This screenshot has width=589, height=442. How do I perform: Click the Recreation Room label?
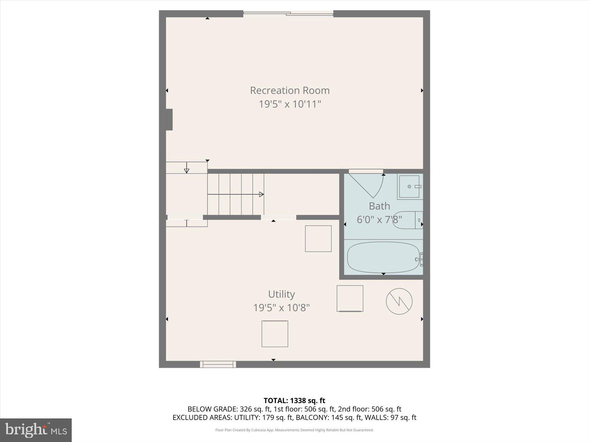click(x=290, y=90)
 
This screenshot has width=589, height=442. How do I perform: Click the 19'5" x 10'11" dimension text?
click(x=290, y=104)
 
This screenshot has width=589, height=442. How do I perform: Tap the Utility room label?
click(x=281, y=294)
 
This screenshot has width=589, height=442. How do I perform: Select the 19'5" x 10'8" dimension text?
click(x=281, y=308)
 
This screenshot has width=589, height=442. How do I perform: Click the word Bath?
click(x=379, y=206)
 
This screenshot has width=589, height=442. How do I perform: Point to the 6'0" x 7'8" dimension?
click(x=379, y=220)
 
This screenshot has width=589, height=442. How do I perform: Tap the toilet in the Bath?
click(x=407, y=220)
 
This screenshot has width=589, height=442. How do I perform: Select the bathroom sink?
click(x=410, y=187)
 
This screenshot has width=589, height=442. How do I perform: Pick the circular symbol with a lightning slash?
click(x=399, y=301)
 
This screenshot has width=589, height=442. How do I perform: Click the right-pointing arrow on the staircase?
click(x=261, y=194)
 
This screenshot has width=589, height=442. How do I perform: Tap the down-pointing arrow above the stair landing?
click(x=187, y=170)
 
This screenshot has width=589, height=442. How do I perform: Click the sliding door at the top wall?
click(x=288, y=14)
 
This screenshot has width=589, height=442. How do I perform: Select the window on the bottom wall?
click(x=218, y=364)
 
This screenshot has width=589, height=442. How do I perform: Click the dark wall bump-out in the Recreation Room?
click(x=169, y=120)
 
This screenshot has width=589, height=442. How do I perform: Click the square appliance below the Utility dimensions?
click(x=275, y=334)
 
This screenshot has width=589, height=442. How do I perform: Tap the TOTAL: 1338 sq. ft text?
click(x=294, y=401)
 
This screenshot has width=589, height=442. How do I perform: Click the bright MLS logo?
click(x=36, y=430)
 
